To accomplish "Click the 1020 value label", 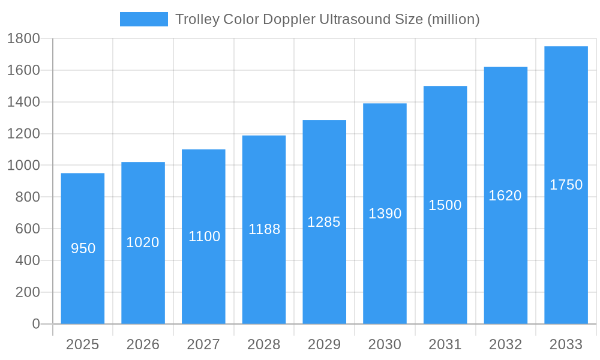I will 143,242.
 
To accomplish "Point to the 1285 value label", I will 324,222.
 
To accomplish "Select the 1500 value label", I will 445,205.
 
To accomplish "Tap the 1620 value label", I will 505,196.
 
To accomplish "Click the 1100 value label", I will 204,236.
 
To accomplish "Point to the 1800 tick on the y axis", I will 23,39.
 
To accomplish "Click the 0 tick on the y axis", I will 35,324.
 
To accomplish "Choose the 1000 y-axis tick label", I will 23,166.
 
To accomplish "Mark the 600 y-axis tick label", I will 27,229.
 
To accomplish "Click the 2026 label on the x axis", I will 143,344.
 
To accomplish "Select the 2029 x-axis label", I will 324,344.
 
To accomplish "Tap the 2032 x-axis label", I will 505,344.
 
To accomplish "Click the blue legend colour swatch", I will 144,19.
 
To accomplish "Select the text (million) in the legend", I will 453,19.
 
